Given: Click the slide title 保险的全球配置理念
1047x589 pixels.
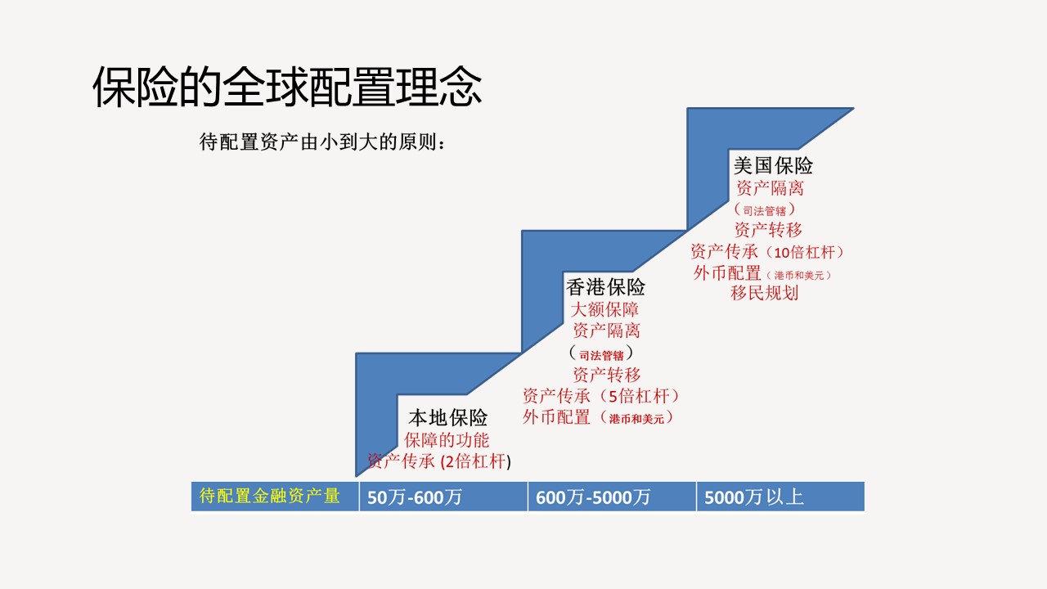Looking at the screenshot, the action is [x=287, y=87].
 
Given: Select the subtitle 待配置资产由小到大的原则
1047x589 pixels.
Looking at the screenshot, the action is [x=318, y=142].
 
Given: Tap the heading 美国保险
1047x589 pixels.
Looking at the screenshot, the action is [x=773, y=165].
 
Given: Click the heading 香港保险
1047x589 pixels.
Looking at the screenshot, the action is [x=606, y=287].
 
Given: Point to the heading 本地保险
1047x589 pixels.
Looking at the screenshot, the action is [x=447, y=417].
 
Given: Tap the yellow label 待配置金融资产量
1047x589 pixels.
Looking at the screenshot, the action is [x=270, y=496].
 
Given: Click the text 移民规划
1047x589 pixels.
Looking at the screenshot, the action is [x=765, y=293].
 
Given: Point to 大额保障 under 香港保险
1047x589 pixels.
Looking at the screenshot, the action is [x=604, y=309].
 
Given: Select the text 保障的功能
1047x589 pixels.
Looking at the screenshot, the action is [x=447, y=440].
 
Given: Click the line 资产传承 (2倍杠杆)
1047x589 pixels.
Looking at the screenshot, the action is [x=439, y=461].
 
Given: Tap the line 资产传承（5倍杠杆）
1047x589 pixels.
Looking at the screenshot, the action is [x=600, y=397].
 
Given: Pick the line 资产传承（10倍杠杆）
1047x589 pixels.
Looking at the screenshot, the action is [x=767, y=252].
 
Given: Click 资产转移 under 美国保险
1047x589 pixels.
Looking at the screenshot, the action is [x=768, y=230].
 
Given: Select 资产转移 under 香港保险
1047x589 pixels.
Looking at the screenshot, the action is [x=607, y=375].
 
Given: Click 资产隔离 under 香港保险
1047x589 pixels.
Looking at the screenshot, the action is [x=607, y=330].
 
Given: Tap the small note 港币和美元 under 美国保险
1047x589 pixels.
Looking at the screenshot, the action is [x=799, y=276].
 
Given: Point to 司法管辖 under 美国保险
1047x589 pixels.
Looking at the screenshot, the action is [x=765, y=211].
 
